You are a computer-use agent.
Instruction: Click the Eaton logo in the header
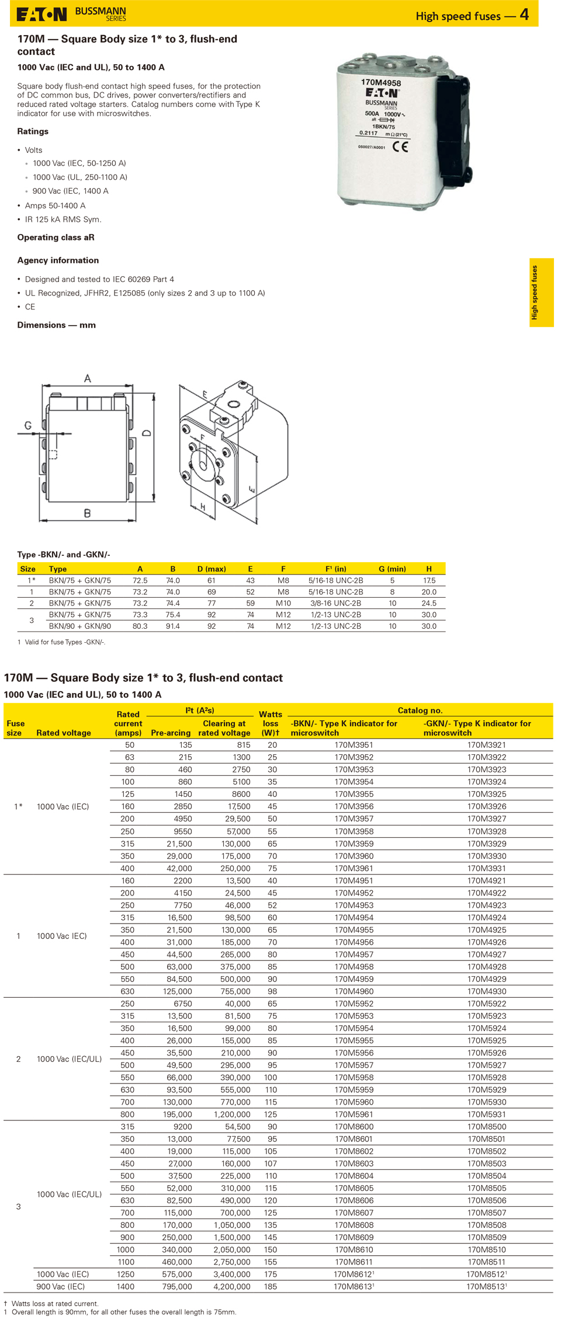click(41, 15)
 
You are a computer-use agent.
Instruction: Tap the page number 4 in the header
click(524, 15)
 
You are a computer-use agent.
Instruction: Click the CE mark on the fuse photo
click(400, 147)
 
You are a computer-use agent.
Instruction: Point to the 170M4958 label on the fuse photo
click(380, 83)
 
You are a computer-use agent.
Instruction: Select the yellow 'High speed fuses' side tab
click(541, 292)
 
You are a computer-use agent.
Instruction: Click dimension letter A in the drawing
click(88, 378)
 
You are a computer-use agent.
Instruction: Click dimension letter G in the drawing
click(27, 426)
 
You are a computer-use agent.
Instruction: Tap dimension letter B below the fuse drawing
click(87, 513)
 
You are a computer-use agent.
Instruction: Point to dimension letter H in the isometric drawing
click(203, 507)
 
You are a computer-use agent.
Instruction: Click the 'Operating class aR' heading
click(56, 238)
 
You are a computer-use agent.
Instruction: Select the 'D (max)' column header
click(211, 569)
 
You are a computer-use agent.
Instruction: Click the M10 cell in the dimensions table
click(283, 603)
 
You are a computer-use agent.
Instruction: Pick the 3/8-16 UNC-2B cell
click(335, 603)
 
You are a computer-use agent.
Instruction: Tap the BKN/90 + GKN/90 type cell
click(79, 626)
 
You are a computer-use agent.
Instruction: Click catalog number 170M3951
click(354, 745)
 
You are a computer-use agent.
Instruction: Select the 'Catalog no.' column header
click(420, 710)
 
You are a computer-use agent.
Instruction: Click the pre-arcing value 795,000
click(176, 1287)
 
